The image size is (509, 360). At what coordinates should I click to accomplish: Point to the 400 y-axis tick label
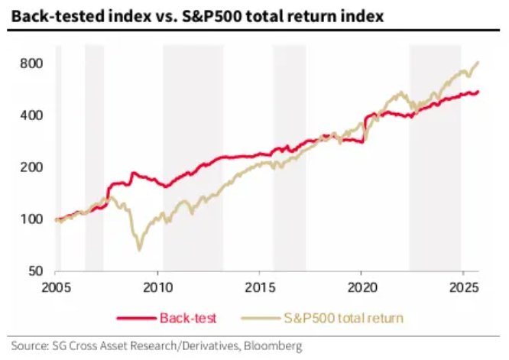(x=29, y=115)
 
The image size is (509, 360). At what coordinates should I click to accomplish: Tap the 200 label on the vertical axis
(x=29, y=167)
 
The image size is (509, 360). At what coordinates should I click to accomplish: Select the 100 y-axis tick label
(x=29, y=219)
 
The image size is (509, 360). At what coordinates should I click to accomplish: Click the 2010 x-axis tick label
(x=158, y=289)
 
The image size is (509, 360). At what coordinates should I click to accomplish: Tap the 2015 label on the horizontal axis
(x=260, y=289)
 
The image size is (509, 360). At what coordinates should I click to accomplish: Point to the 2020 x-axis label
(x=361, y=289)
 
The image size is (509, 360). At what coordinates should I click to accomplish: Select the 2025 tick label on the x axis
(x=462, y=289)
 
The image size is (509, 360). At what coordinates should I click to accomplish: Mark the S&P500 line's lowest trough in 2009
(x=139, y=249)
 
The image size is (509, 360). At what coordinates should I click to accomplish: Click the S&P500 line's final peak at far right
(x=478, y=63)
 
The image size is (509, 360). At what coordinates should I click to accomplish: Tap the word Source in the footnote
(x=28, y=345)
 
